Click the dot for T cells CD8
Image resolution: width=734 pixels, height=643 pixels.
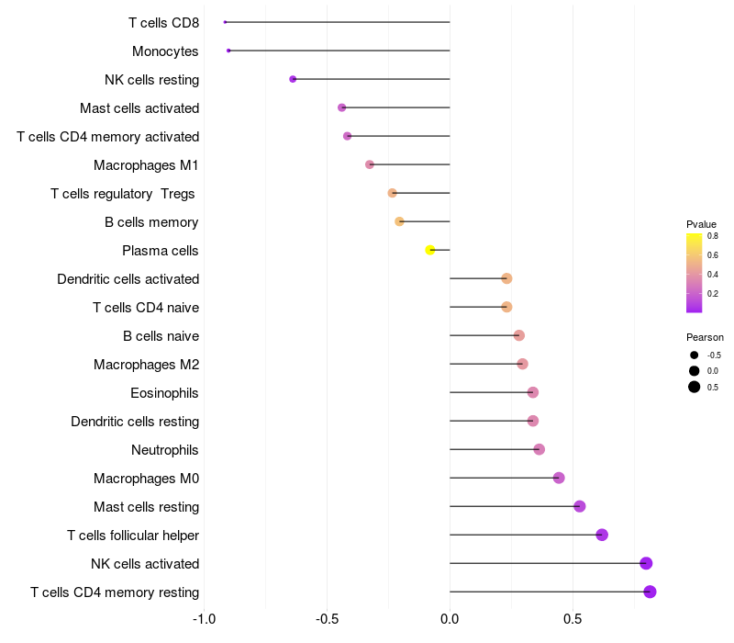(x=225, y=22)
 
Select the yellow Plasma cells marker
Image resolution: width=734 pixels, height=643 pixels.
(x=430, y=250)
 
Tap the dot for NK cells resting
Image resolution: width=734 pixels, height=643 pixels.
(x=293, y=79)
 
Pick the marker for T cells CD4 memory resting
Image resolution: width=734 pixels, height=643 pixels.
(x=650, y=592)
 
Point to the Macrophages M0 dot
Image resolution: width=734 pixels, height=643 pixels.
(x=559, y=478)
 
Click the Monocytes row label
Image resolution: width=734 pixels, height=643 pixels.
(x=165, y=51)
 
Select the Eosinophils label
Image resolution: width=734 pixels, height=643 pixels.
(x=164, y=393)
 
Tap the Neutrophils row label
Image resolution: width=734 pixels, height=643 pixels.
(x=165, y=450)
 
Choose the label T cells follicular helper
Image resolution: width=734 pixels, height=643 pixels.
(x=133, y=536)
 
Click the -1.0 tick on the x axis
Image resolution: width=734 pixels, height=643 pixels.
(x=204, y=619)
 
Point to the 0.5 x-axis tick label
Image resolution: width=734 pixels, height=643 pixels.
(x=573, y=619)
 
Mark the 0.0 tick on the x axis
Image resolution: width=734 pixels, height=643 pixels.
(x=450, y=619)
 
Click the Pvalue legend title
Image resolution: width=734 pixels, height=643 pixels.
(x=701, y=224)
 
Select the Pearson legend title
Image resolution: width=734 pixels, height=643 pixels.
(x=705, y=337)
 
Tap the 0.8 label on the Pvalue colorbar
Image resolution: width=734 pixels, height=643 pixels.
(x=713, y=236)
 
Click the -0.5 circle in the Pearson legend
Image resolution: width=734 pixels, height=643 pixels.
(x=695, y=355)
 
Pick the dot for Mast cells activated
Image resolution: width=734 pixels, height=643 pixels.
(x=341, y=107)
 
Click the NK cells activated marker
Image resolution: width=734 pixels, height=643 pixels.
(x=646, y=563)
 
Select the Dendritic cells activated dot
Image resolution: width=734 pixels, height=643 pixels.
(x=506, y=278)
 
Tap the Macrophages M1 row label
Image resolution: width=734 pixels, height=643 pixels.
(x=146, y=165)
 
